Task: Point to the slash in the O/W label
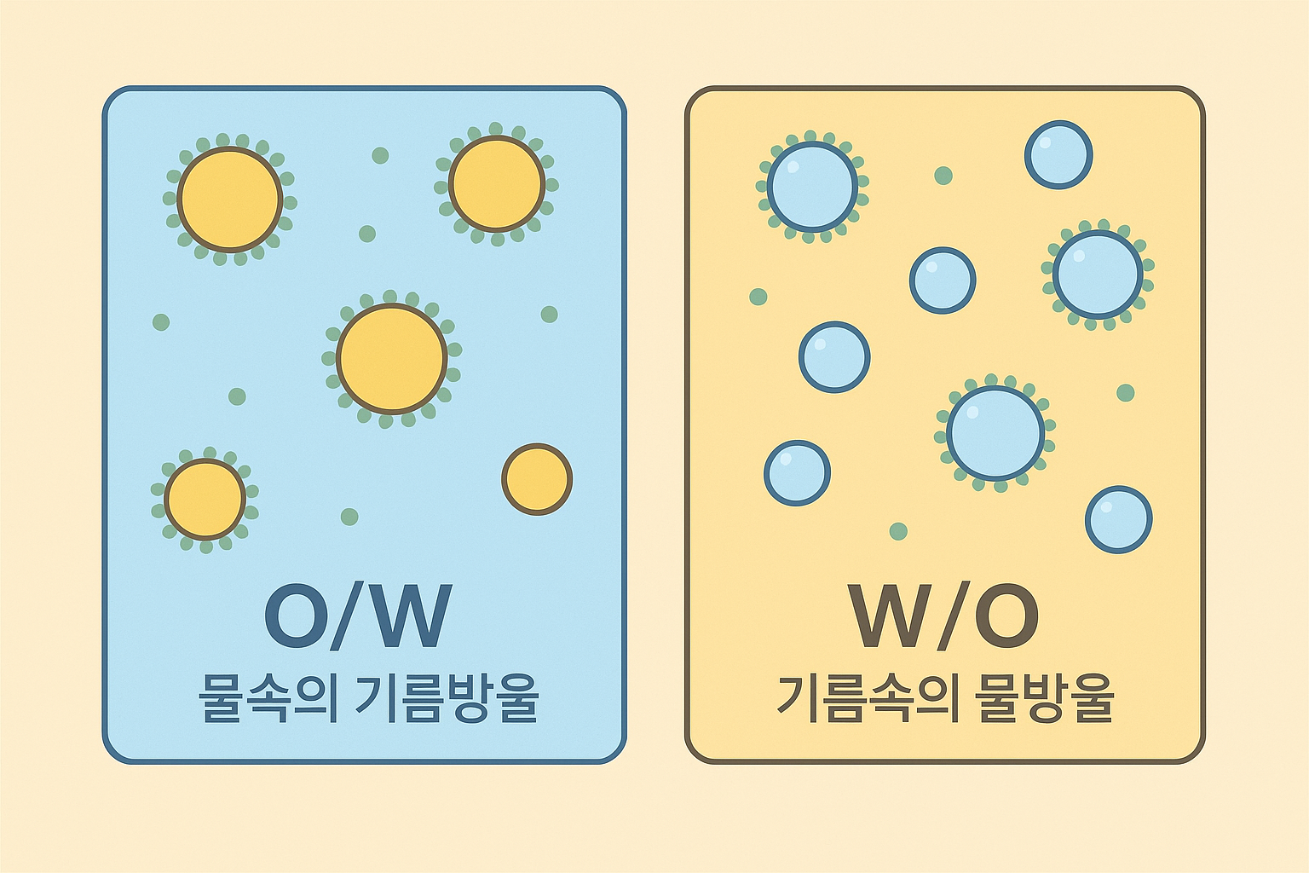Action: (355, 616)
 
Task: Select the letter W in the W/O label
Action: (891, 616)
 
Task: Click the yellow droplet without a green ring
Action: (537, 479)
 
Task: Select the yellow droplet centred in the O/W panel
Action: (392, 358)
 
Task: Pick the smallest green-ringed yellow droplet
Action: (205, 500)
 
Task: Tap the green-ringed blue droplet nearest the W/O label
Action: (995, 433)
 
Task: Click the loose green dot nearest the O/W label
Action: (349, 517)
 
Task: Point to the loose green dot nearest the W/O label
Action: (898, 532)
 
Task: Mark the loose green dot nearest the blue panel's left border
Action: (161, 322)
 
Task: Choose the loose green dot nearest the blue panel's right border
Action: (550, 315)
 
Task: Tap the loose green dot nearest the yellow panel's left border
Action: (758, 297)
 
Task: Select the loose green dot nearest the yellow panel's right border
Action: (1126, 393)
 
